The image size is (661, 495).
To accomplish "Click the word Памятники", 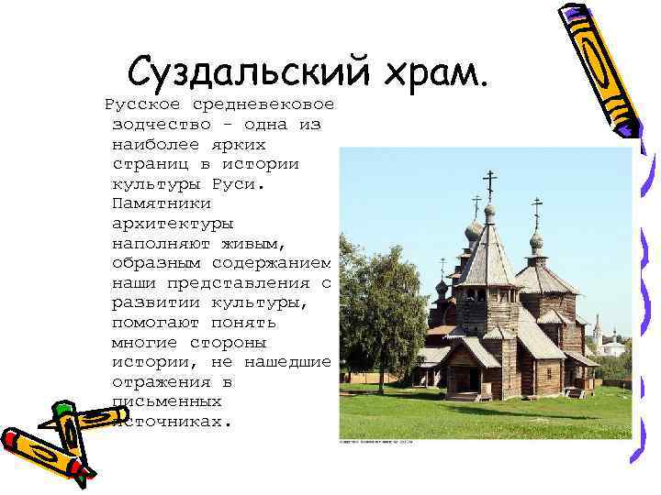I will [162, 203].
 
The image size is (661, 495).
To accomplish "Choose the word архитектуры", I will [173, 223].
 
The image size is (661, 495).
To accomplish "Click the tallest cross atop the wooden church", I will [489, 182].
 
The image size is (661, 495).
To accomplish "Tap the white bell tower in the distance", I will [597, 335].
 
